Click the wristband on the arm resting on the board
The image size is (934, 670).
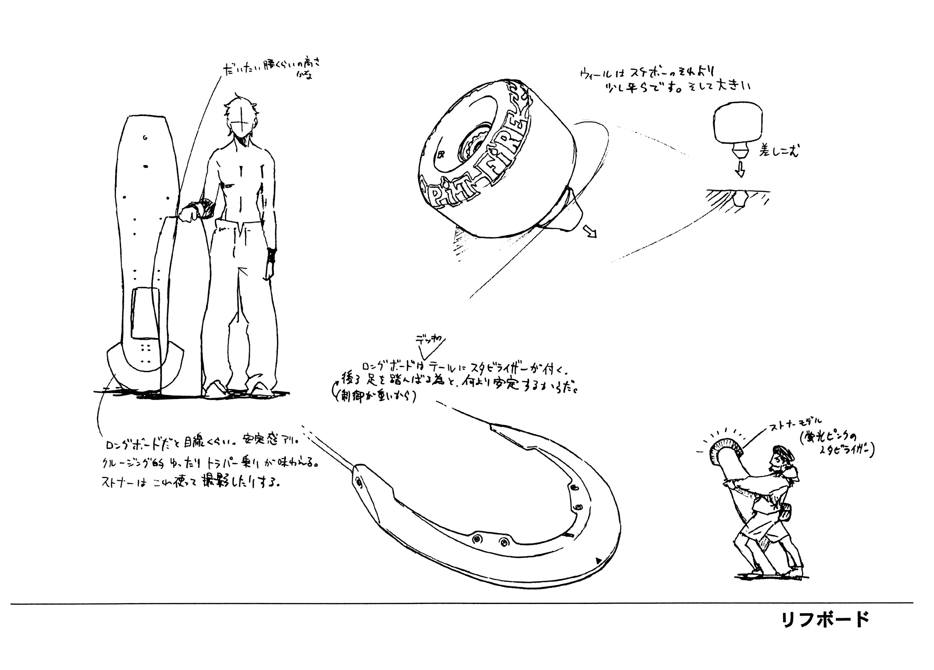[x=205, y=208]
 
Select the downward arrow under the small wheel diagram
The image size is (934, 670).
[x=740, y=169]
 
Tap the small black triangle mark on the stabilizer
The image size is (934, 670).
[x=597, y=561]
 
